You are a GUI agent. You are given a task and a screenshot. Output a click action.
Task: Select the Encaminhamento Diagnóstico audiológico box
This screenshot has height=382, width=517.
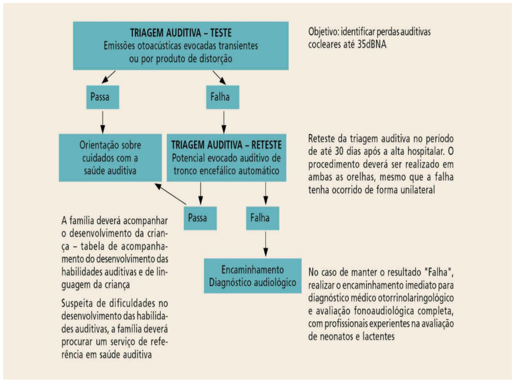(252, 276)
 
